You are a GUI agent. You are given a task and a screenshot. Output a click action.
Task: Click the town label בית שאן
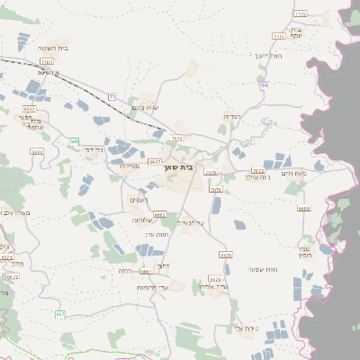(181, 167)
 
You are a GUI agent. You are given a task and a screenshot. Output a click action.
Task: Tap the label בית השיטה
(55, 48)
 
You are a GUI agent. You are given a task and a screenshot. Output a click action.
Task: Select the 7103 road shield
(46, 62)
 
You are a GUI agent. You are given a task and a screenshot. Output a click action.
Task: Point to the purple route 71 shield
(112, 95)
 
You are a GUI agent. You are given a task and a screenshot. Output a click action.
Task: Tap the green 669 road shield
(74, 141)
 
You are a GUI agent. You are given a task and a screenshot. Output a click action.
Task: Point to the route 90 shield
(265, 85)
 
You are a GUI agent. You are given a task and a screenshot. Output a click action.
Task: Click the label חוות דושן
(269, 56)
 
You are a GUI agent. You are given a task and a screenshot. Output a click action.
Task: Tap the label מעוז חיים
(293, 173)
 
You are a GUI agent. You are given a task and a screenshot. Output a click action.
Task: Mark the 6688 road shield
(303, 208)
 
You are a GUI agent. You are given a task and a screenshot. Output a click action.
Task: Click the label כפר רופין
(305, 252)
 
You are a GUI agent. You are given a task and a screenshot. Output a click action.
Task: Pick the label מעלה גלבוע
(16, 212)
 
